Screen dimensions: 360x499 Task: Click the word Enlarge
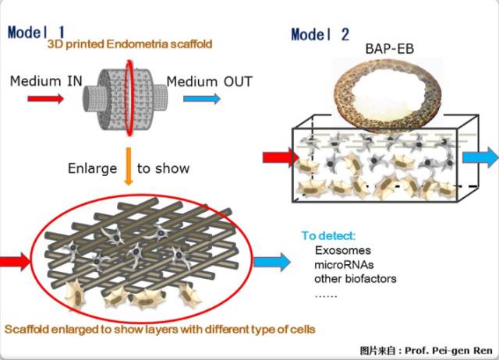91,168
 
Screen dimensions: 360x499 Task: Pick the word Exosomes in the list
342,251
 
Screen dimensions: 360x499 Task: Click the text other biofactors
356,278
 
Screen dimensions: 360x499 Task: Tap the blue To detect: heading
329,236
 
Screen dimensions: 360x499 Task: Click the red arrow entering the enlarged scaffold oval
16,261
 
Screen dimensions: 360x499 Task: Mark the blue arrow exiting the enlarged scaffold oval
271,262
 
